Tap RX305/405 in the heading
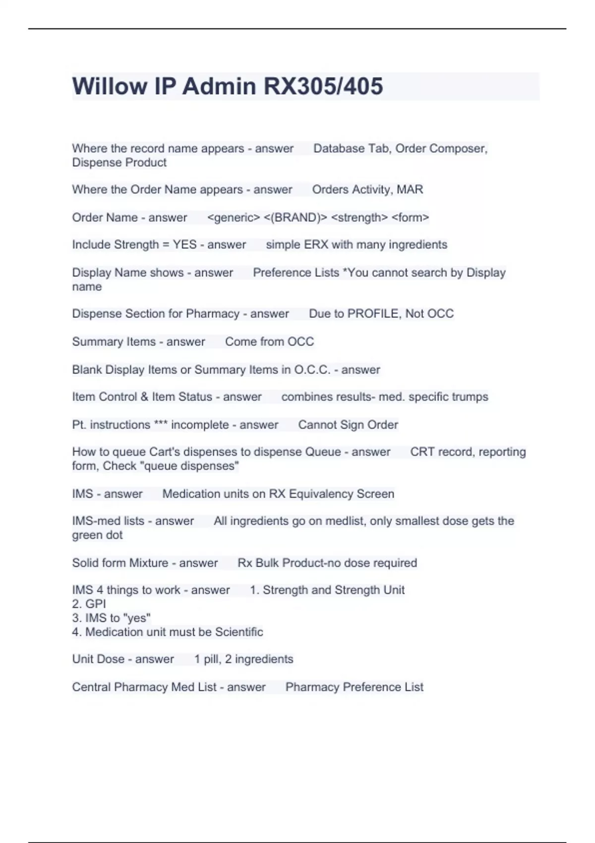click(x=323, y=86)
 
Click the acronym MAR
click(x=410, y=189)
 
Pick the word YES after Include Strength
click(x=184, y=245)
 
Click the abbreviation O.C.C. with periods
click(x=312, y=370)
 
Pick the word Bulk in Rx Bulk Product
click(x=266, y=563)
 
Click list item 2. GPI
click(x=89, y=604)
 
